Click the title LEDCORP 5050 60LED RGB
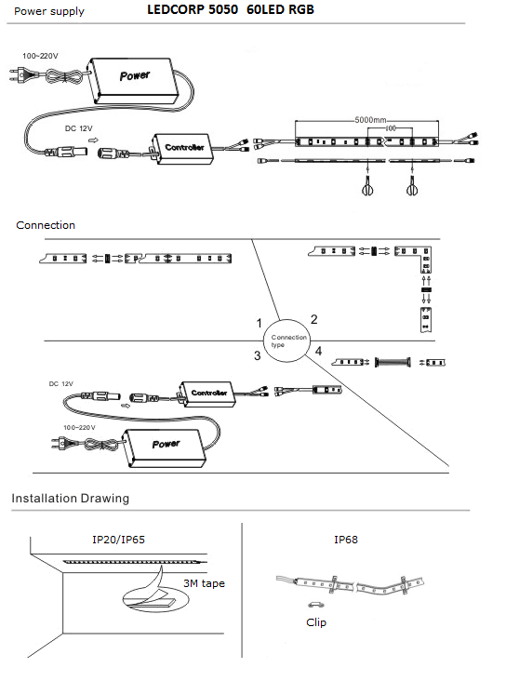(x=231, y=9)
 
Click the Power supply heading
(x=49, y=11)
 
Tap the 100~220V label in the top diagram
(x=40, y=56)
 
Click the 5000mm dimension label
(x=370, y=119)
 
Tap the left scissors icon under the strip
(x=367, y=187)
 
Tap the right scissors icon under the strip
(x=412, y=187)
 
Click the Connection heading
(x=46, y=225)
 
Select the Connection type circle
(x=286, y=340)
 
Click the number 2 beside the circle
(x=314, y=319)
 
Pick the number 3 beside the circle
(x=257, y=355)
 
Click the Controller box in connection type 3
(x=207, y=394)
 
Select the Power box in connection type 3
(x=166, y=447)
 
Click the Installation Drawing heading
(x=71, y=498)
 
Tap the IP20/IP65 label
(x=118, y=540)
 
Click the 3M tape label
(x=204, y=583)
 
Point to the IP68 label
(x=346, y=540)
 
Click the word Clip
(x=315, y=622)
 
